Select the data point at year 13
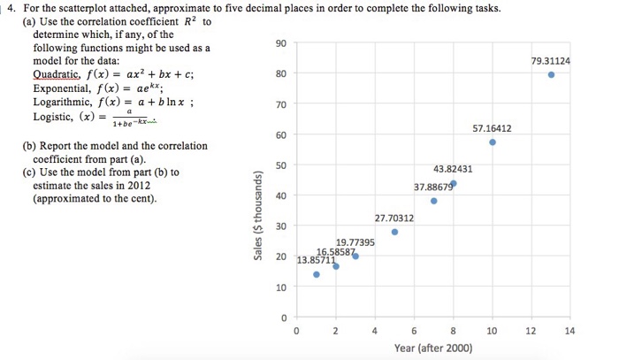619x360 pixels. [x=551, y=75]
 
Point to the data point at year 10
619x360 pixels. [x=493, y=142]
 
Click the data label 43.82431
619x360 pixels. [x=453, y=169]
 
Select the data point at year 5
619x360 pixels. [x=394, y=232]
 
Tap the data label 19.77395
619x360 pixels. [x=355, y=241]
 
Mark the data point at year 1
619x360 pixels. [x=317, y=274]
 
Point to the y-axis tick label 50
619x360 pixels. [x=280, y=165]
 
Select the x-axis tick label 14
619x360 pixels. [x=569, y=332]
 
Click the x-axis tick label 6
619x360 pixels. [x=414, y=332]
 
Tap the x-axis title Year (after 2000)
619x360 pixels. [x=433, y=348]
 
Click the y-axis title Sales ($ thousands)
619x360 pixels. [x=257, y=217]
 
